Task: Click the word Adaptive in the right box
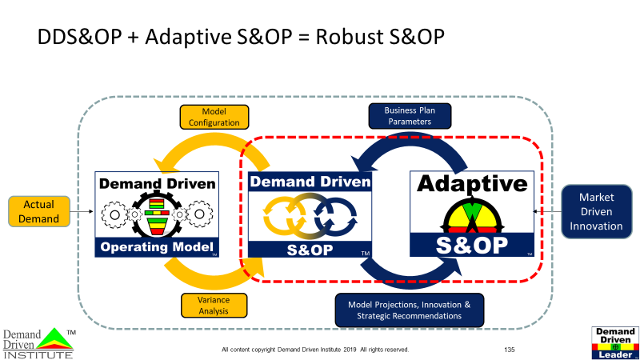(473, 184)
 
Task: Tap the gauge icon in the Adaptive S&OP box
(472, 217)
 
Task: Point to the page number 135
(510, 350)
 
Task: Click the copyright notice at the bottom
(315, 350)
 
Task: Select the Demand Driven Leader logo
(615, 342)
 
